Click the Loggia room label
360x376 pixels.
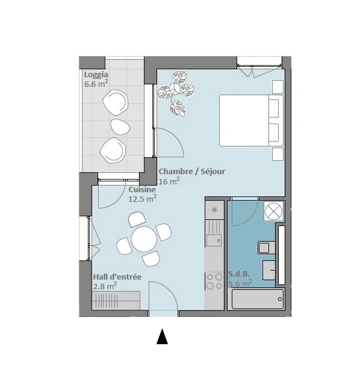[96, 75]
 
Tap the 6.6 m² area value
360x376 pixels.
[96, 84]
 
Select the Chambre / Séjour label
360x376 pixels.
[192, 172]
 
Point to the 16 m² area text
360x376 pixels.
[169, 181]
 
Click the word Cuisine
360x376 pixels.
[142, 189]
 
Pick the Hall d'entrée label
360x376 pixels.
[117, 277]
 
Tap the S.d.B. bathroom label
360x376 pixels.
[239, 274]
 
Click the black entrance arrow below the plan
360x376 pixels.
[162, 336]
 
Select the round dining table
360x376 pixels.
[144, 239]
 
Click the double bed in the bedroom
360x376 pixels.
[251, 121]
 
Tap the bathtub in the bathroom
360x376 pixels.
[258, 299]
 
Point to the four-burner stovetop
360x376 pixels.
[214, 281]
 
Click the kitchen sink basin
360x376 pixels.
[214, 240]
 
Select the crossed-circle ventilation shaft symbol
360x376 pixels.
[274, 211]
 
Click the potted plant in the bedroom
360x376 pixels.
[176, 93]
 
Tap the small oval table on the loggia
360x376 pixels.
[120, 127]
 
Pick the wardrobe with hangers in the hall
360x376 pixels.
[116, 301]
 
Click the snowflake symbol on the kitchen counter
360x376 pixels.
[214, 210]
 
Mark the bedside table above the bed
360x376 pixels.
[278, 87]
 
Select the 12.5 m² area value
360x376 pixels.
[143, 199]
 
